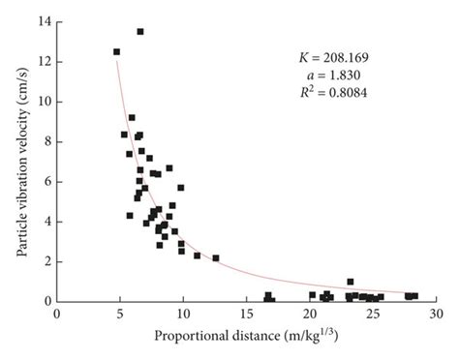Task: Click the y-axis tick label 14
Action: (45, 21)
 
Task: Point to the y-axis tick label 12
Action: (45, 62)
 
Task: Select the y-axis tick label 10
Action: (45, 102)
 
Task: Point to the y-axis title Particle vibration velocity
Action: (20, 160)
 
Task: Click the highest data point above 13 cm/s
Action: (140, 31)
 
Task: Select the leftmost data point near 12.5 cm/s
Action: (117, 52)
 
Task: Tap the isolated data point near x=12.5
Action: (216, 258)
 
